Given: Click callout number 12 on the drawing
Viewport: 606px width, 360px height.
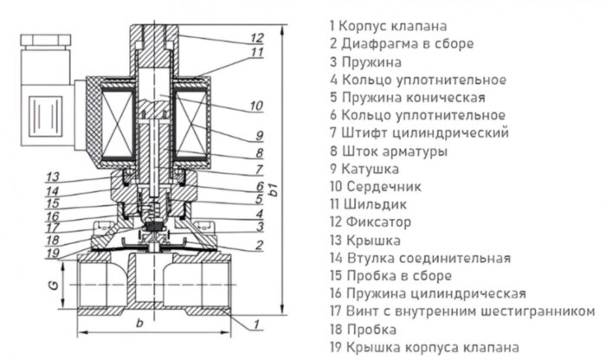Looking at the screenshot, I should [x=256, y=37].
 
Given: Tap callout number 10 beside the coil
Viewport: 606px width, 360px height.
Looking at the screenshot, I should [x=256, y=106].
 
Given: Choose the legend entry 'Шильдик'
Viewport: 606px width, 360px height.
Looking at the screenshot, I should [x=376, y=204].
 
